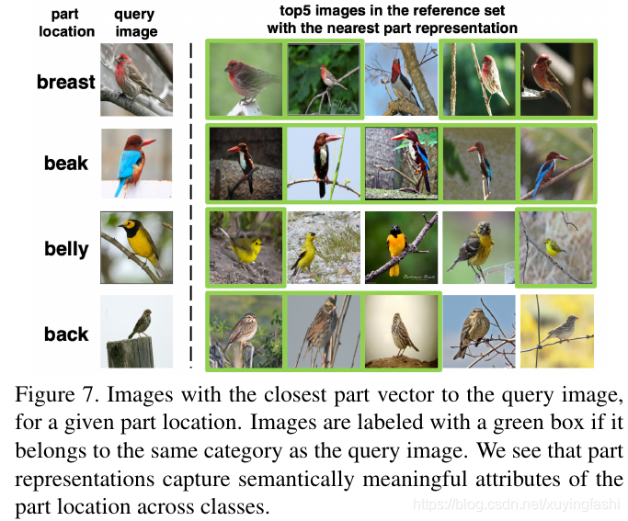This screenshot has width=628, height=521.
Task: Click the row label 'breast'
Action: tap(65, 82)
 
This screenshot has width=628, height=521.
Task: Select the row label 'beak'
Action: tap(65, 164)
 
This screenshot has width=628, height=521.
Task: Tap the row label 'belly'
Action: tap(66, 249)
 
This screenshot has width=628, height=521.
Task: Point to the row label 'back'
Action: tap(66, 334)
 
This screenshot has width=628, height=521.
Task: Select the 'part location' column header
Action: tap(66, 23)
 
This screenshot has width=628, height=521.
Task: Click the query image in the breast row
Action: tap(136, 81)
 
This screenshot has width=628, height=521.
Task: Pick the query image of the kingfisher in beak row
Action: tap(136, 164)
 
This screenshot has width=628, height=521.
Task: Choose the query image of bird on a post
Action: tap(136, 331)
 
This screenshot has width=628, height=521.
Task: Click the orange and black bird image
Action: tap(400, 246)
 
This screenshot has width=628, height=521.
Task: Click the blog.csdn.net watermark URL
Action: tap(517, 504)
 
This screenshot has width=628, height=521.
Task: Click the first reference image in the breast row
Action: tap(244, 79)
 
